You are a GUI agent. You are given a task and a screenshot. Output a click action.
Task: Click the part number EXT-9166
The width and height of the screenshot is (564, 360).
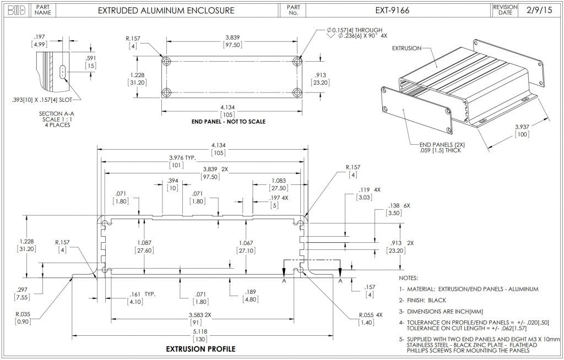(x=392, y=10)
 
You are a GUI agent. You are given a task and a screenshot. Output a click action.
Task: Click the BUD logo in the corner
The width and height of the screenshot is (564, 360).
(x=16, y=10)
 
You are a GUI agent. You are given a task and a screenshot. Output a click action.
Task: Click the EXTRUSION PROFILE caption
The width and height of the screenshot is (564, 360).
(x=200, y=349)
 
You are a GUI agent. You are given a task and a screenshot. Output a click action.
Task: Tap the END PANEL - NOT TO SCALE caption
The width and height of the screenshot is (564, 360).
(x=228, y=122)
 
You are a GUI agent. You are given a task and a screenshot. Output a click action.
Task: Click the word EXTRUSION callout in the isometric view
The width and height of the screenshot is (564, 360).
(x=406, y=48)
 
